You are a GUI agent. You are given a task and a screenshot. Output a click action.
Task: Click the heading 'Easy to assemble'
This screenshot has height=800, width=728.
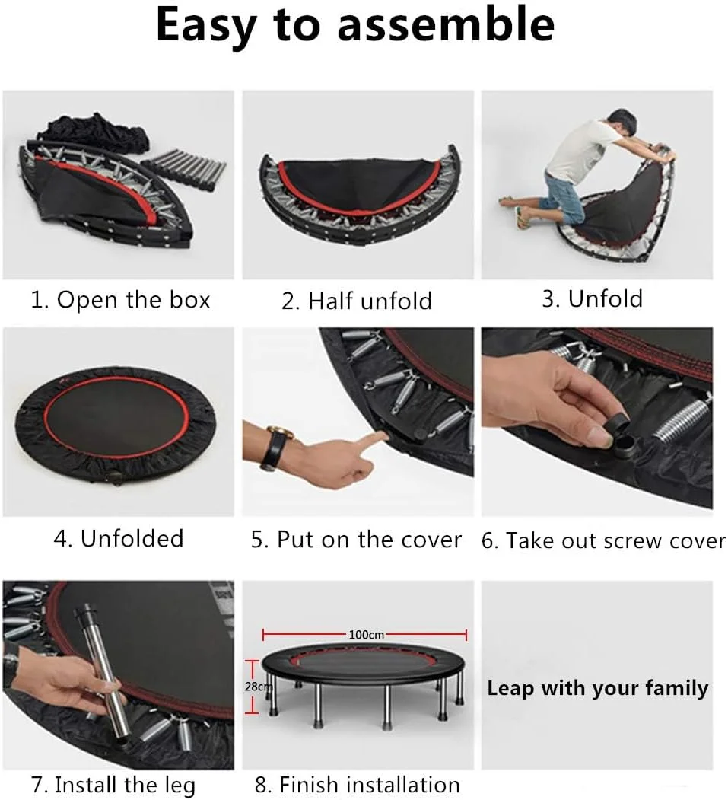[355, 25]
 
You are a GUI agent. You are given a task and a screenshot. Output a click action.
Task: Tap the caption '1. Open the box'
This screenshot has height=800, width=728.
[120, 299]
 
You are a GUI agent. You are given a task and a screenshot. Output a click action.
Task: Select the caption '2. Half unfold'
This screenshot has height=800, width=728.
[357, 301]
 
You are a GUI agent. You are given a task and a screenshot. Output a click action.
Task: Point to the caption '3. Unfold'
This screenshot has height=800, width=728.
[593, 298]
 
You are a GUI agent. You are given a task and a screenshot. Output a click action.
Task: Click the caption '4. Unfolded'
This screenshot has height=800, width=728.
[119, 538]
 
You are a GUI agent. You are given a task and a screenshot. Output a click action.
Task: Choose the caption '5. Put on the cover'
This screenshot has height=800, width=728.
[356, 539]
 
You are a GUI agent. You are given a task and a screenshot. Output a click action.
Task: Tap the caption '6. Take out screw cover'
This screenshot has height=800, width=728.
[603, 540]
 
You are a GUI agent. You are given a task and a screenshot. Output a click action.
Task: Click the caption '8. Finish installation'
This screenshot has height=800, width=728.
[357, 785]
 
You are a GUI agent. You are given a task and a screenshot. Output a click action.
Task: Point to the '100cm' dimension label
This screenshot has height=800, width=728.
[367, 635]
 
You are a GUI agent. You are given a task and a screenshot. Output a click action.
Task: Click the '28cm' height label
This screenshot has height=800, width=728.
[259, 687]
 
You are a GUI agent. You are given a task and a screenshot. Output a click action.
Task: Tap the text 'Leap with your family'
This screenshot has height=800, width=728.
[597, 689]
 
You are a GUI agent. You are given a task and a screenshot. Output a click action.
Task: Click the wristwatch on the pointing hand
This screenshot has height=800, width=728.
[275, 446]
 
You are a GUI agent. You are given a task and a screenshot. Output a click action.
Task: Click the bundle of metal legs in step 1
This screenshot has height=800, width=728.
[185, 167]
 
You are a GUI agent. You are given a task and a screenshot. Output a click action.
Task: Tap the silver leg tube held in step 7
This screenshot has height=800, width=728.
[104, 671]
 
